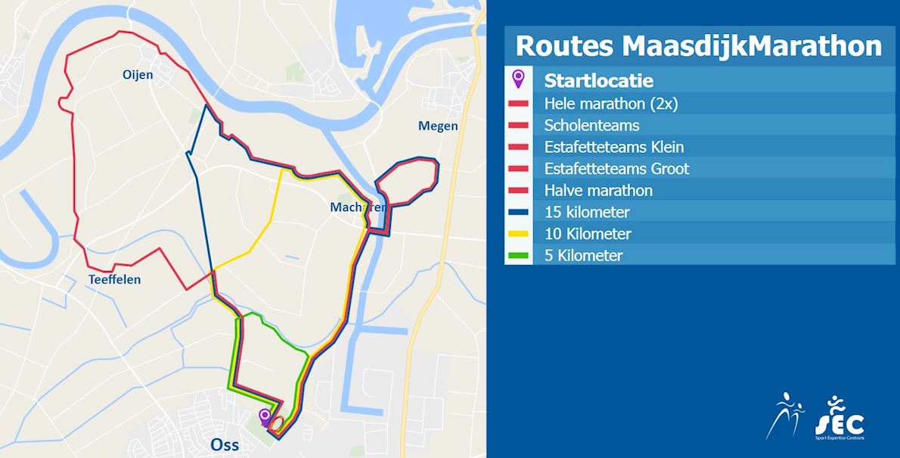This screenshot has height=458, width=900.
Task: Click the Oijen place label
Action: (138, 74)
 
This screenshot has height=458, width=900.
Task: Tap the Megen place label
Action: (438, 126)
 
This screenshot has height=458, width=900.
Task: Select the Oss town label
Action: (225, 444)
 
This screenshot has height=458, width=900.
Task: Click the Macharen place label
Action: (357, 207)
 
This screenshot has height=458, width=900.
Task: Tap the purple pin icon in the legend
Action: (518, 78)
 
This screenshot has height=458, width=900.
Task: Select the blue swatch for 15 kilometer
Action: (518, 212)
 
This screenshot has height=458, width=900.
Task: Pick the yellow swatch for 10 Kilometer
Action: (518, 234)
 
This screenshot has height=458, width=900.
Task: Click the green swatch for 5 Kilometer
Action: (518, 256)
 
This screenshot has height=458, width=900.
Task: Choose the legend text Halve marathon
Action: (597, 190)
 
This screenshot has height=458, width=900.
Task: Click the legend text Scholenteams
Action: (591, 125)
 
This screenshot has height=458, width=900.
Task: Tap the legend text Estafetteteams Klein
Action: (613, 147)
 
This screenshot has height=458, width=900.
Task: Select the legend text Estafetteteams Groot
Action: (616, 168)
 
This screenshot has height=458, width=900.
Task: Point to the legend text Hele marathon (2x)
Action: (610, 103)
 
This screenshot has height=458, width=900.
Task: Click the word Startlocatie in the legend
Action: (598, 80)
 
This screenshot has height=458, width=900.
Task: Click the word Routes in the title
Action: (564, 45)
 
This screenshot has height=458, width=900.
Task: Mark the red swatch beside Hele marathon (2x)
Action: (518, 104)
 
